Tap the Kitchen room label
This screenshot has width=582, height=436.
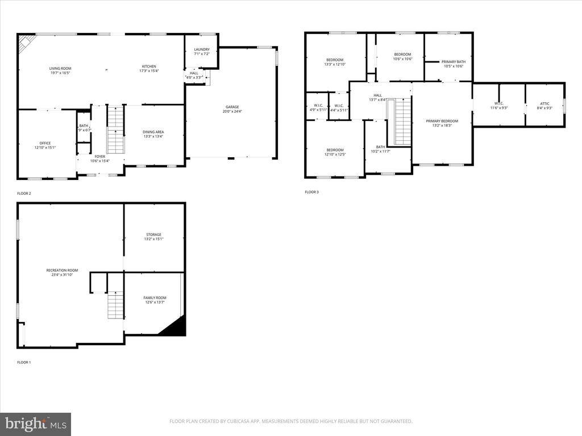pyautogui.click(x=149, y=66)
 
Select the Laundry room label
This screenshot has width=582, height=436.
pyautogui.click(x=202, y=49)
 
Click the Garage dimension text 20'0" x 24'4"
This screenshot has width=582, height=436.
pyautogui.click(x=231, y=111)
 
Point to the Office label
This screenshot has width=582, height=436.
pyautogui.click(x=45, y=143)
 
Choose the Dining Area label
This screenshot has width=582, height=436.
pyautogui.click(x=153, y=132)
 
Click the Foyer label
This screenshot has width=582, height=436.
pyautogui.click(x=99, y=156)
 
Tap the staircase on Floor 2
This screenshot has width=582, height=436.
pyautogui.click(x=115, y=129)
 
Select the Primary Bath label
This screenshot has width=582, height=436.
pyautogui.click(x=453, y=61)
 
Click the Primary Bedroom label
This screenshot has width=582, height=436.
pyautogui.click(x=442, y=121)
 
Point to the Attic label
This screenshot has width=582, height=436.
pyautogui.click(x=544, y=103)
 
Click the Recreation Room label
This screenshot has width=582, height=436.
pyautogui.click(x=62, y=270)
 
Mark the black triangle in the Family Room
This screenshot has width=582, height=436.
pyautogui.click(x=176, y=328)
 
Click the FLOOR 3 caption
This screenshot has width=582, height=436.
pyautogui.click(x=311, y=192)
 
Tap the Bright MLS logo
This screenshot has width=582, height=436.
pyautogui.click(x=35, y=424)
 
